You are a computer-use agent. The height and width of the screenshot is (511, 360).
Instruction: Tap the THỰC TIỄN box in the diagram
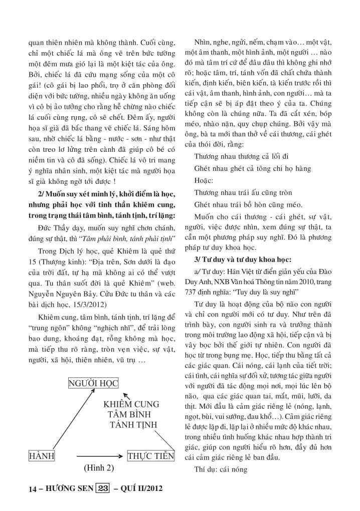point(150,456)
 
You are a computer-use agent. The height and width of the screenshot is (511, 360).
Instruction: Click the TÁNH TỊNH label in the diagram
point(133,426)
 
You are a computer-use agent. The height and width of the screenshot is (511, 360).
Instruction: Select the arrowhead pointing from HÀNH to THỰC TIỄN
point(122,456)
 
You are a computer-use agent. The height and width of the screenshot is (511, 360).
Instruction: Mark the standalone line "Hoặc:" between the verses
point(205,179)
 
